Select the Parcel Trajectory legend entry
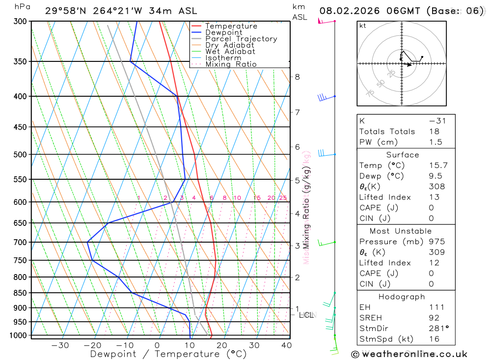241,39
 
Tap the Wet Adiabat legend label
230,52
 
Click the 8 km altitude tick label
297,77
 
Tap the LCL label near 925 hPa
306,315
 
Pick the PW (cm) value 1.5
436,142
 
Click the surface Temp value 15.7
438,166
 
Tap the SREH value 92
435,318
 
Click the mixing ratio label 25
283,198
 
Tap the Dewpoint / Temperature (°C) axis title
168,354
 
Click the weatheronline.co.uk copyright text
409,354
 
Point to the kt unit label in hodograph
363,26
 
